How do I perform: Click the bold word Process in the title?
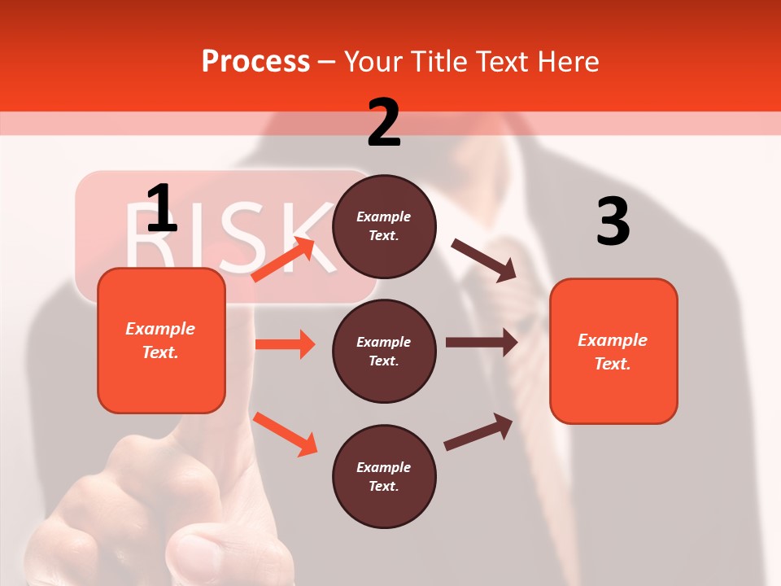point(255,61)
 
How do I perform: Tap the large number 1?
point(161,208)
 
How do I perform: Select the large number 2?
point(384,123)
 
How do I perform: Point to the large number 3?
point(613,222)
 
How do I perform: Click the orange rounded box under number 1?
point(161,340)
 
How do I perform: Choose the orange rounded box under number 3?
point(613,351)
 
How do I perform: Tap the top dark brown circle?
point(384,226)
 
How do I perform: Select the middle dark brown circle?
point(384,351)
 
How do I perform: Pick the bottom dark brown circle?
point(384,476)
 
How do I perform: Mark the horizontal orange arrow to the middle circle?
point(285,344)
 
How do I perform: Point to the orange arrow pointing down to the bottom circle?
point(285,433)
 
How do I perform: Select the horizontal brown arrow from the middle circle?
point(482,342)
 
